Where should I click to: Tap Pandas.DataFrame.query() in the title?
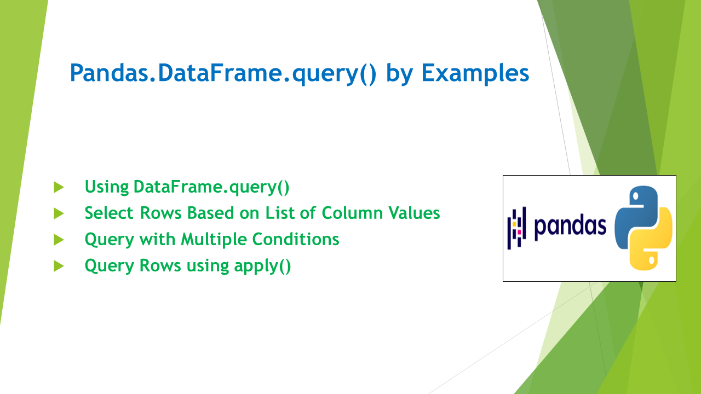(x=223, y=73)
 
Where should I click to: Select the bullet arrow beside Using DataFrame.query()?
(x=59, y=187)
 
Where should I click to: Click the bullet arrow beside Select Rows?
(x=59, y=213)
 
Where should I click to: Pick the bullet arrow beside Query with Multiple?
(x=59, y=240)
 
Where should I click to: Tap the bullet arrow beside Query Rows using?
(x=59, y=266)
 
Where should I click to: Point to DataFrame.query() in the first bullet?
(x=211, y=187)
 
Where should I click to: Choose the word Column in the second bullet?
(x=348, y=213)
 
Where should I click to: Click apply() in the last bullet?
(x=262, y=266)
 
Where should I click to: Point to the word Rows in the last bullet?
(x=162, y=265)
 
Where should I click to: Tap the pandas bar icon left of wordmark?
(x=516, y=228)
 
